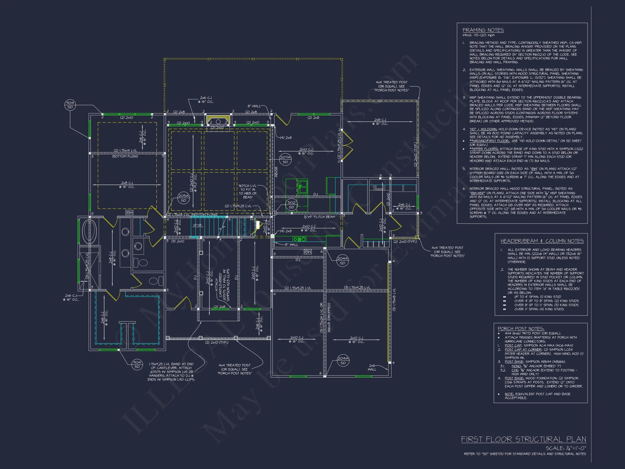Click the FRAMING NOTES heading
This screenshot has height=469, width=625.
coord(483,30)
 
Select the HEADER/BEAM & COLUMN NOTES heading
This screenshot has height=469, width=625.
coord(542,241)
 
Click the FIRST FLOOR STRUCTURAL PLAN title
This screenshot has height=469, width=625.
coord(523,439)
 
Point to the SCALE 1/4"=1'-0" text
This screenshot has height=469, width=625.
coord(566,448)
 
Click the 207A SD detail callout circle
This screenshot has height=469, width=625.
coord(285,160)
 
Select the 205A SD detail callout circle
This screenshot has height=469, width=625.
coord(183,198)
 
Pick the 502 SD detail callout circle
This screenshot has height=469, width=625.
coord(291,205)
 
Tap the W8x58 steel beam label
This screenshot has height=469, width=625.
coord(276,172)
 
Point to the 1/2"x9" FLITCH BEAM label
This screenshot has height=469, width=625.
coord(319,217)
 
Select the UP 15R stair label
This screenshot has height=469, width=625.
coord(197,225)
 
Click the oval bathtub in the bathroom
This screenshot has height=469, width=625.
coord(89,232)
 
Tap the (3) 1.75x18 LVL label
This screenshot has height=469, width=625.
coord(394,300)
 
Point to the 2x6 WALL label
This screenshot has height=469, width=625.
coord(372,367)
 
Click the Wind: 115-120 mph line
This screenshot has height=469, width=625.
coord(478,35)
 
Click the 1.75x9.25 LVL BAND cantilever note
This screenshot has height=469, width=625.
coord(171,372)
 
